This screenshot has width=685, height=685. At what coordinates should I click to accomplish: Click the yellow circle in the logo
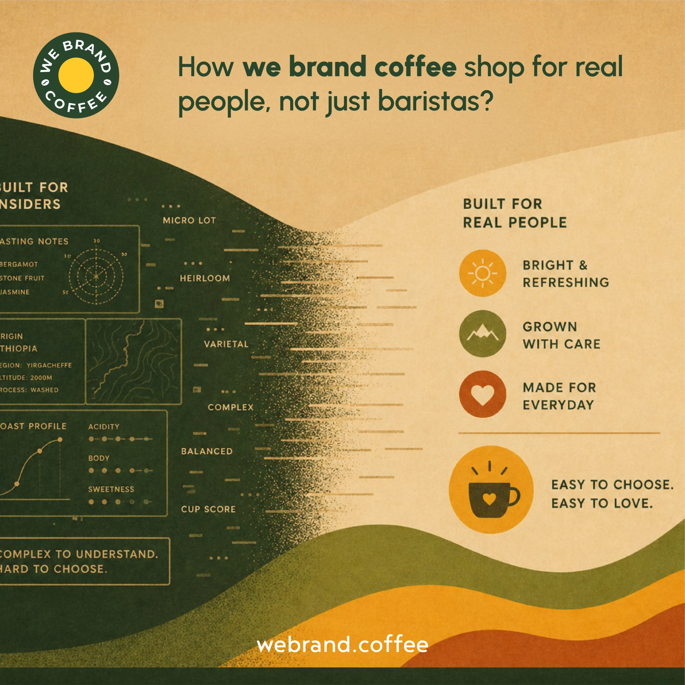tap(76, 75)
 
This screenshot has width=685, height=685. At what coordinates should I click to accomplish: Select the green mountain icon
tap(482, 334)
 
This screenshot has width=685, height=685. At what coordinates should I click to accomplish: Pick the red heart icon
tap(482, 394)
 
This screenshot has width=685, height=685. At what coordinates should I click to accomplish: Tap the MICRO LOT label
tap(189, 220)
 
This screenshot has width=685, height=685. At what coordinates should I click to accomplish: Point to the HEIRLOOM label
tap(205, 278)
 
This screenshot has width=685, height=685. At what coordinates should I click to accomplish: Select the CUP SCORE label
tap(208, 509)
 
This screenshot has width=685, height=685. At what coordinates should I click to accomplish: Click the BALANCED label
tap(207, 451)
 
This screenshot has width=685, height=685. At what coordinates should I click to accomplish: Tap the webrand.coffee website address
tap(342, 644)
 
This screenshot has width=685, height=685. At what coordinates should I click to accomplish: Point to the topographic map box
tap(134, 361)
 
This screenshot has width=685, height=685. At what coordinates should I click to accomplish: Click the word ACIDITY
tap(104, 427)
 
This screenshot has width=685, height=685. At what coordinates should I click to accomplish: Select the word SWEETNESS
tap(111, 489)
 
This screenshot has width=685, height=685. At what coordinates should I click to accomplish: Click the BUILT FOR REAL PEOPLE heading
tap(515, 213)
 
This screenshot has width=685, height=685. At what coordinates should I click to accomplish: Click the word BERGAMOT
tap(18, 264)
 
